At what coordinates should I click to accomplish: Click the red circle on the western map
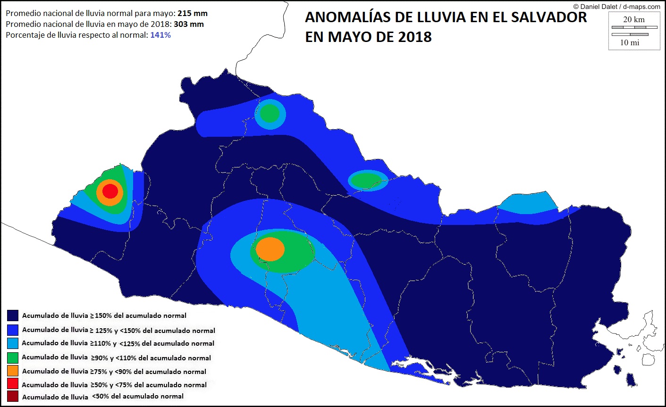click(110, 191)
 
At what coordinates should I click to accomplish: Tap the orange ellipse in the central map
click(270, 249)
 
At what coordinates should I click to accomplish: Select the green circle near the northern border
click(270, 113)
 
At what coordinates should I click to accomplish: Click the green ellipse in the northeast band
click(366, 180)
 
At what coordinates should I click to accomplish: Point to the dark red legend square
click(13, 396)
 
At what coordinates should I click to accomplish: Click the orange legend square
click(13, 371)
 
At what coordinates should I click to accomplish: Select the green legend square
click(13, 357)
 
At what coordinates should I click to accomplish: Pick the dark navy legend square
click(13, 315)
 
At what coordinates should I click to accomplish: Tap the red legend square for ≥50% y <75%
click(13, 384)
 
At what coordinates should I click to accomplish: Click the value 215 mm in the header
click(192, 14)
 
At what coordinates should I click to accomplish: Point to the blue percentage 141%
click(160, 35)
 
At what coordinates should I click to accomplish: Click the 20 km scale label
click(633, 19)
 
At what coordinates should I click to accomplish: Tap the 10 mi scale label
click(630, 42)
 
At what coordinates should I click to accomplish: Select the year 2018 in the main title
click(414, 37)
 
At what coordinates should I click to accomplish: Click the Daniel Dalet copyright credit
click(616, 7)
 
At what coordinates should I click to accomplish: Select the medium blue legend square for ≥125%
click(13, 330)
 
